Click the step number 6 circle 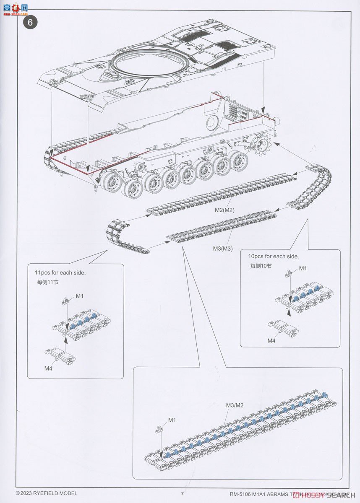tap(30, 22)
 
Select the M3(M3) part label tap(222, 249)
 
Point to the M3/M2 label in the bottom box tap(235, 405)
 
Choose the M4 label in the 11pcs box tap(48, 368)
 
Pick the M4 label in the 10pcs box tap(271, 341)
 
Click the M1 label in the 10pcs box tap(303, 268)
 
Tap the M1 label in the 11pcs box tap(80, 296)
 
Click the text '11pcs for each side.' tap(60, 272)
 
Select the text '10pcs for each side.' tap(274, 256)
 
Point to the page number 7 tap(183, 493)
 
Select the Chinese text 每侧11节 tap(47, 282)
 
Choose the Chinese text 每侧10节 tap(261, 266)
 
